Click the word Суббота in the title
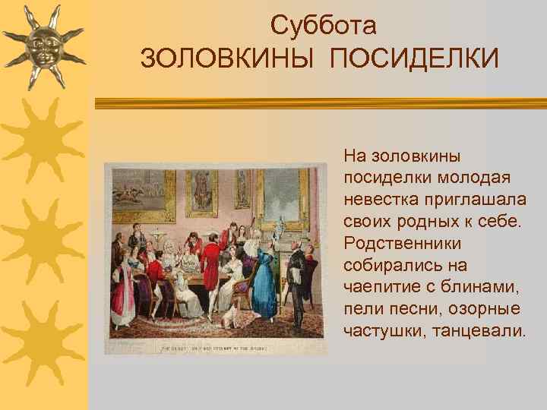click(324, 26)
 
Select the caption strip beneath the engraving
click(209, 348)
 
